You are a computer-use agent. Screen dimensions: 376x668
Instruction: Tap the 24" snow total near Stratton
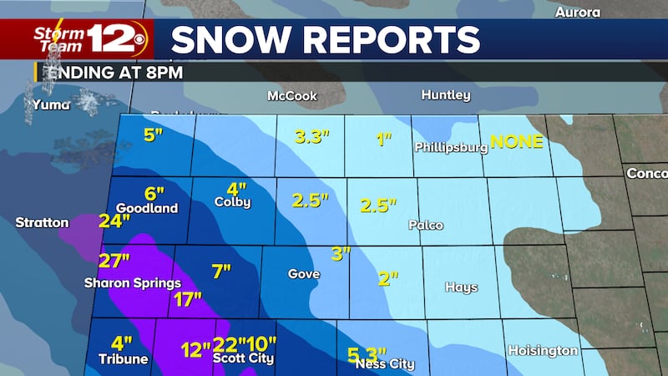point(114,221)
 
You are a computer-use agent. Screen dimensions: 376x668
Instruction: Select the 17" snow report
point(188,300)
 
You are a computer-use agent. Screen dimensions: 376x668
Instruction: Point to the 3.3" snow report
point(312,138)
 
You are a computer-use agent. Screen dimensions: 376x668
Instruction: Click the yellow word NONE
point(516,141)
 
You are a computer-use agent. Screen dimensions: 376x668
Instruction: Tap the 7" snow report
point(220,272)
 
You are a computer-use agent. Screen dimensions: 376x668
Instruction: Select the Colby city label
point(232,202)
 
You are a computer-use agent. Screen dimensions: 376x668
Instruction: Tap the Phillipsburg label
point(450,148)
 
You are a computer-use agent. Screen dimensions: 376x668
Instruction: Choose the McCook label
point(291,96)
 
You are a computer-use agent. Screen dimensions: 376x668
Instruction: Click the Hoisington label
point(543,351)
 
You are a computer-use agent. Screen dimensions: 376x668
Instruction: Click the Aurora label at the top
point(578,13)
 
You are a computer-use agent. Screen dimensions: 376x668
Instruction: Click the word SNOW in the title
point(225,40)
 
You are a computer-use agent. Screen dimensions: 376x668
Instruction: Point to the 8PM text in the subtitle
point(164,72)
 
